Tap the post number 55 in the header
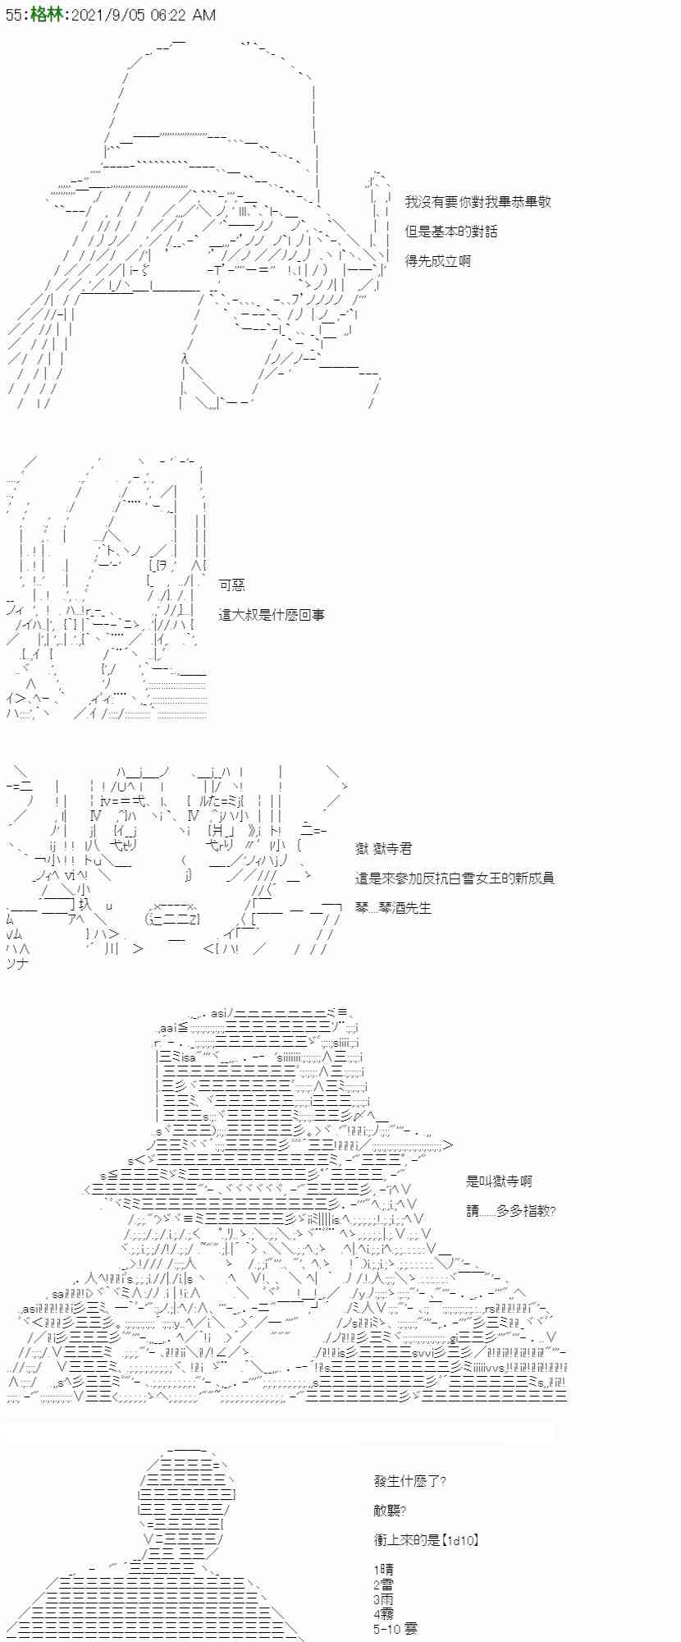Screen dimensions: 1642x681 point(14,14)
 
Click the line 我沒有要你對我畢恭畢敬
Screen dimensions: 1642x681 point(478,202)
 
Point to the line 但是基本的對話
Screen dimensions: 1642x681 point(450,232)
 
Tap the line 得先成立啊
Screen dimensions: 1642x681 point(438,261)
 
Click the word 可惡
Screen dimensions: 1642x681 point(232,585)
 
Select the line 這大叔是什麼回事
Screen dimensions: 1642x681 point(272,614)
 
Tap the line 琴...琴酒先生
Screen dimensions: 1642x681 point(393,908)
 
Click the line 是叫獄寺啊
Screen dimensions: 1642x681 point(499,1181)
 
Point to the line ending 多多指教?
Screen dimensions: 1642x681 point(510,1210)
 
